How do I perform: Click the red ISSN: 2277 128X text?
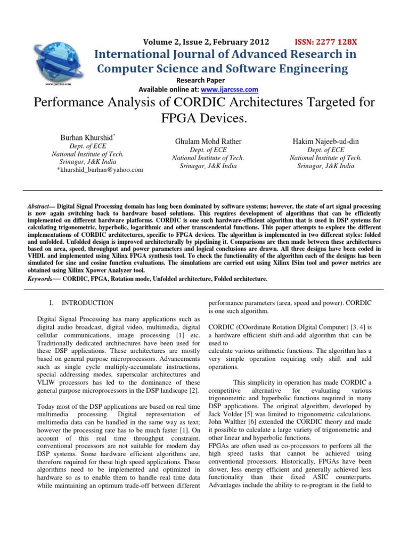[x=326, y=42]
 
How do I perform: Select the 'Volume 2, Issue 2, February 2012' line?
[x=206, y=42]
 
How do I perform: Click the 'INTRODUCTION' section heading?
[x=87, y=303]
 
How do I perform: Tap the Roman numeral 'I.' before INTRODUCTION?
[x=51, y=303]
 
